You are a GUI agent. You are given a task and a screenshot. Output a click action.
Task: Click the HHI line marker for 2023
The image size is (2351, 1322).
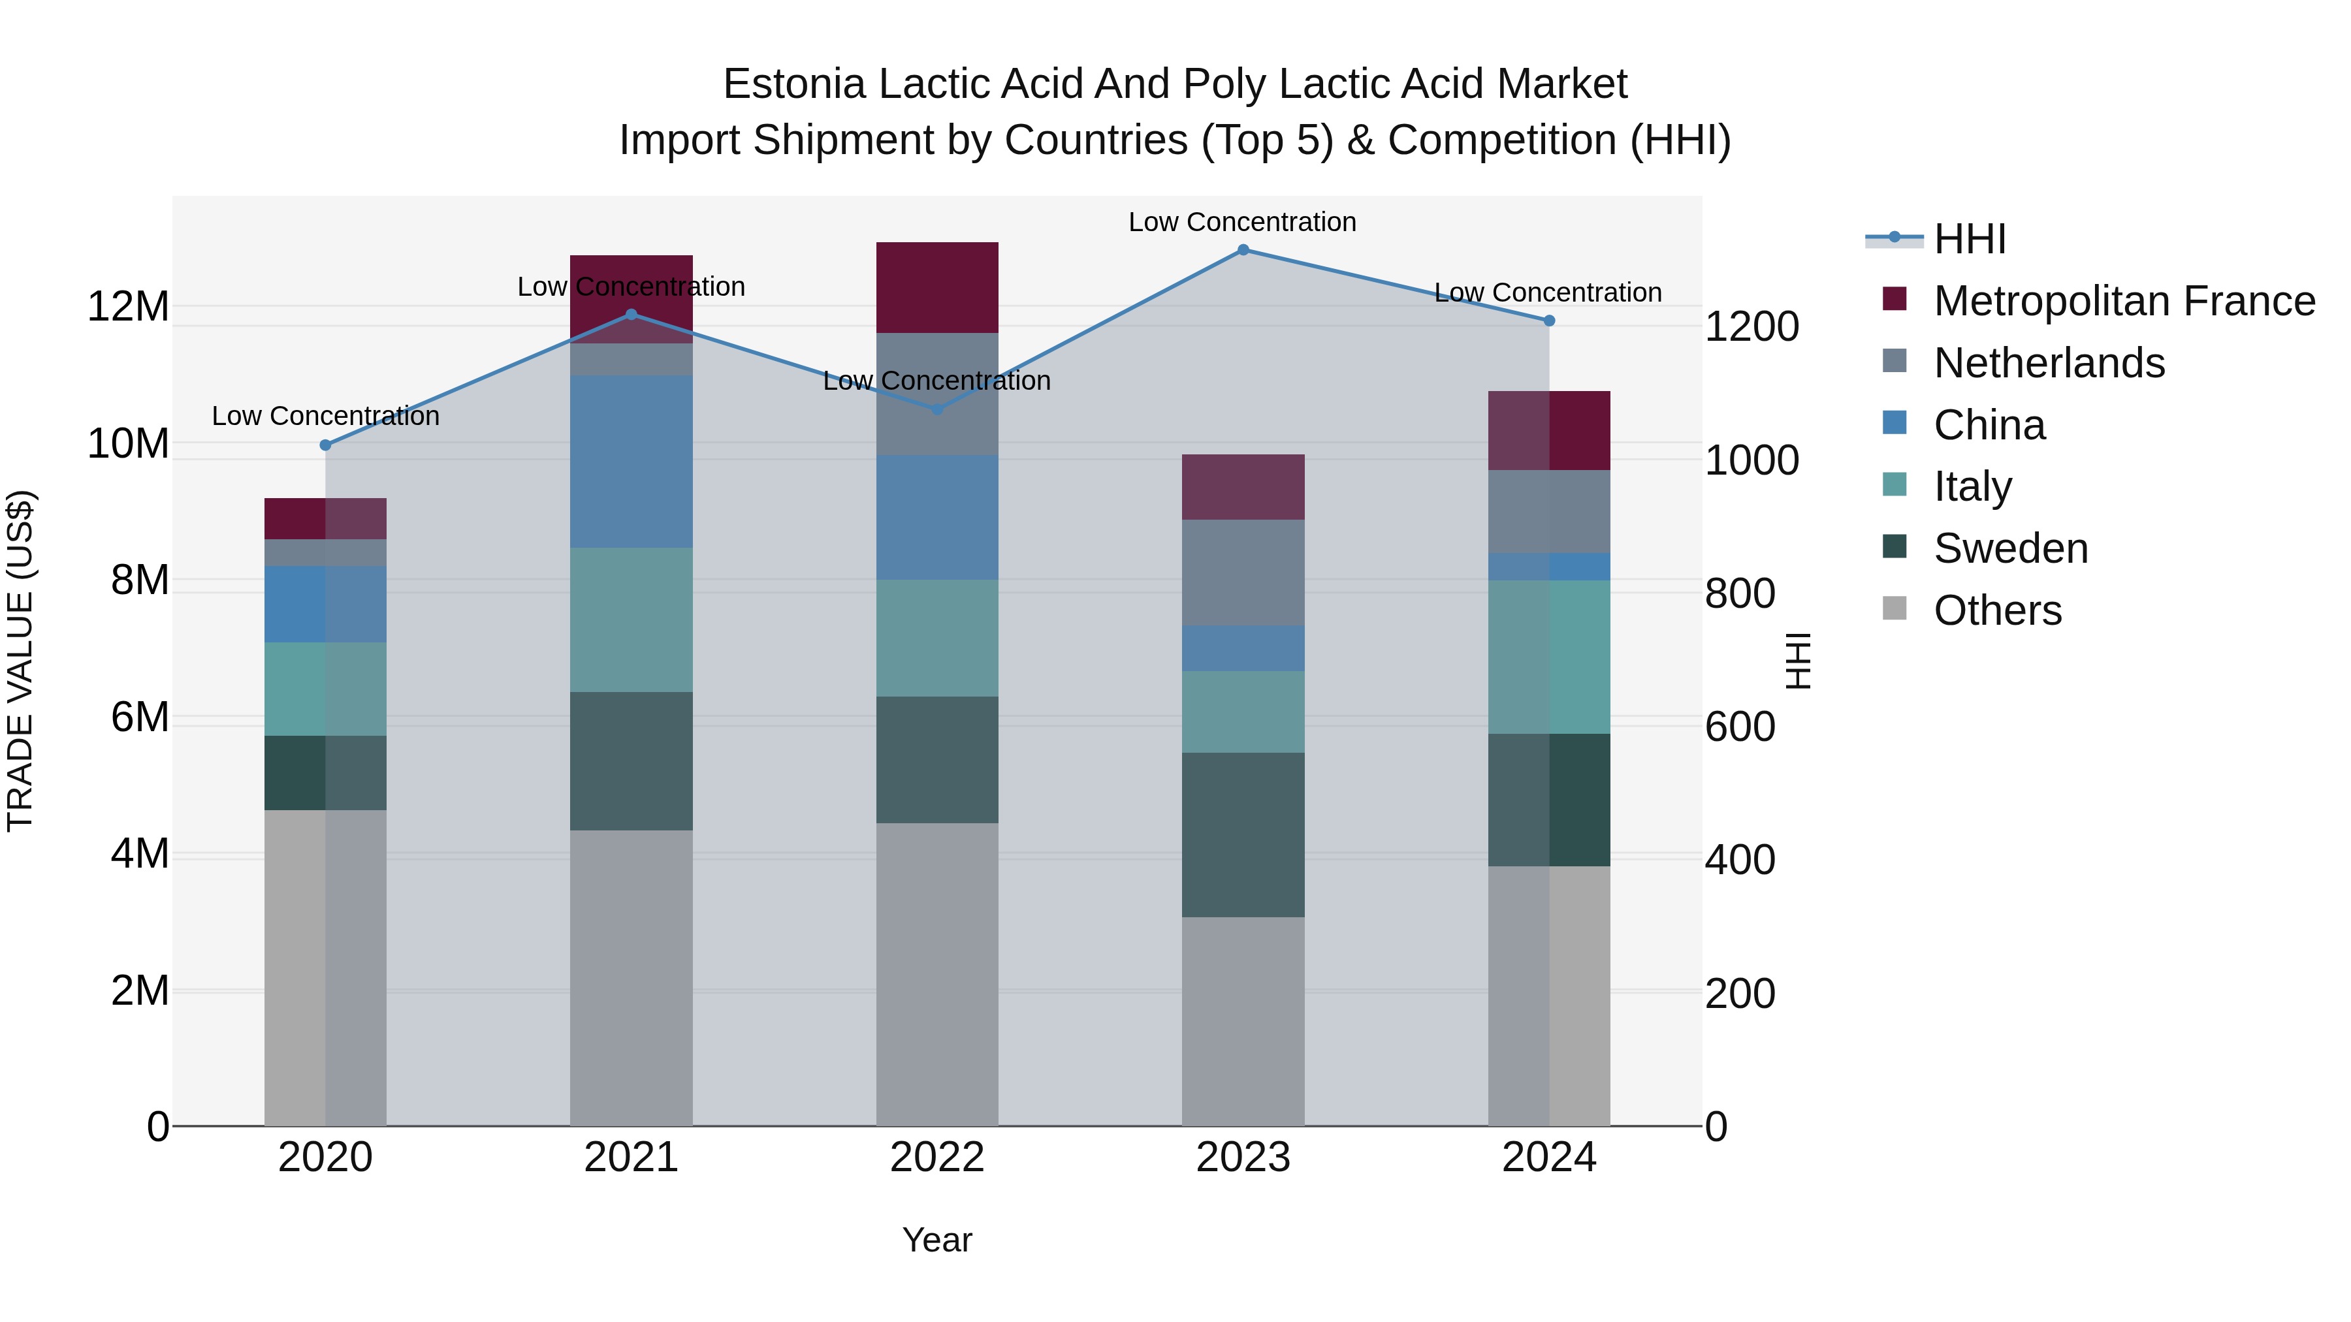(x=1243, y=250)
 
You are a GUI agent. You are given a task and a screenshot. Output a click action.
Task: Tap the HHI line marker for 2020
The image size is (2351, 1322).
(x=326, y=445)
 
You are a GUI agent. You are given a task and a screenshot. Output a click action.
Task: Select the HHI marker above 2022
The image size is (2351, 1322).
(x=937, y=409)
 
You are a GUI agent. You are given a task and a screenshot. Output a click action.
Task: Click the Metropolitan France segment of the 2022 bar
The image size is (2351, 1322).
(x=937, y=287)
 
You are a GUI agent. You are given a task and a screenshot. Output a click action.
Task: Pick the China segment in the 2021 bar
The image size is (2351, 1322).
(x=632, y=461)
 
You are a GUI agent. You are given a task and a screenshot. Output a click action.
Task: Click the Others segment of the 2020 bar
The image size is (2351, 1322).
(x=326, y=967)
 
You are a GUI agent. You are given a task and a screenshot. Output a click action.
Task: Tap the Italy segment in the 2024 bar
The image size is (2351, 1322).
(x=1549, y=657)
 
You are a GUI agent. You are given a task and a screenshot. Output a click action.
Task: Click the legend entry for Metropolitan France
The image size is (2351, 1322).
(x=2124, y=301)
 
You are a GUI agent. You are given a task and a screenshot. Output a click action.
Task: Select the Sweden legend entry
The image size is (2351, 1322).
(x=2011, y=548)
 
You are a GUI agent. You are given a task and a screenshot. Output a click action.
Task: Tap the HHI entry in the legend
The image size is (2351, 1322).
(x=1970, y=239)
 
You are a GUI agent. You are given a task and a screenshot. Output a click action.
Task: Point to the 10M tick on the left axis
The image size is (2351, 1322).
(x=128, y=445)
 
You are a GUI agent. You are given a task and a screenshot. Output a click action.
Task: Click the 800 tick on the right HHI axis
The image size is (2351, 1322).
(x=1740, y=594)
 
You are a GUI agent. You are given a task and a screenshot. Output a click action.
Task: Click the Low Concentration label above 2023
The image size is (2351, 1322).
(x=1242, y=222)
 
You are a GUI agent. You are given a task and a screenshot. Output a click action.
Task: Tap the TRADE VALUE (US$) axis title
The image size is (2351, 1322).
(x=20, y=661)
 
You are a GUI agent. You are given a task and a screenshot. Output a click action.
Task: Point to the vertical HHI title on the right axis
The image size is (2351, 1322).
(x=1798, y=661)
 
